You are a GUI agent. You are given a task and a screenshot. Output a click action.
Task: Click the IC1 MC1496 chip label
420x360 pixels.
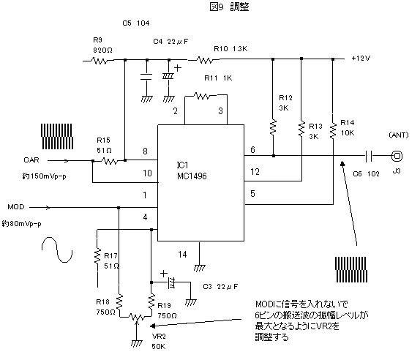[x=192, y=170]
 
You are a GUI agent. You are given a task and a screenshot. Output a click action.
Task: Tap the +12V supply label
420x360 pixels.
[x=361, y=58]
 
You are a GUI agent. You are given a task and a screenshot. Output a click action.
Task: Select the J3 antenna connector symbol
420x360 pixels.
[x=397, y=156]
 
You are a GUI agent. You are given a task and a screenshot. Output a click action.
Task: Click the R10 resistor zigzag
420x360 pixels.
[x=205, y=60]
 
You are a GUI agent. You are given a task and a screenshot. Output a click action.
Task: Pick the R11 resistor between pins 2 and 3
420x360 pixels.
[x=202, y=96]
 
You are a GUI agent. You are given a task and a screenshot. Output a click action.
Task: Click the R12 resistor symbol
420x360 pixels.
[x=273, y=127]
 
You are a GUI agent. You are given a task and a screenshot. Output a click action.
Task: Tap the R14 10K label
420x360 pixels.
[x=348, y=128]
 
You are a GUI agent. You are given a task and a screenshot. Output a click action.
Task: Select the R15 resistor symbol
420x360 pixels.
[x=110, y=161]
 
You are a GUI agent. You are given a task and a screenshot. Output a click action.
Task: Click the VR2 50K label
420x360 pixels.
[x=159, y=341]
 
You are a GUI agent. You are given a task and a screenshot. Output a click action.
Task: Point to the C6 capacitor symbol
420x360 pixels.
[x=369, y=156]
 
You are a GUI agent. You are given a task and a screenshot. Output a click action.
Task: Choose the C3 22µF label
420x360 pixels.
[x=220, y=287]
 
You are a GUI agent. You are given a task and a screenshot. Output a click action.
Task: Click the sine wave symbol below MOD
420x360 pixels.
[x=57, y=250]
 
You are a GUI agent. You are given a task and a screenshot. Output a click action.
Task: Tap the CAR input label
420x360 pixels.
[x=31, y=160]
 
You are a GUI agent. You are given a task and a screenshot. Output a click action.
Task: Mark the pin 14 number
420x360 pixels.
[x=182, y=255]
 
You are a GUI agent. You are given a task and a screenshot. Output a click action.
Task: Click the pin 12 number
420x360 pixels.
[x=255, y=172]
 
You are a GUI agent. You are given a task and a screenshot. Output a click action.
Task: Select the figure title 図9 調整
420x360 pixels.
[x=229, y=7]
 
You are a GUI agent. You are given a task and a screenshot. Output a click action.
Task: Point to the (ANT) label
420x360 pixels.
[x=399, y=135]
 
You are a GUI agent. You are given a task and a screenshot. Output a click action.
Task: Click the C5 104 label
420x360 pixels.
[x=136, y=23]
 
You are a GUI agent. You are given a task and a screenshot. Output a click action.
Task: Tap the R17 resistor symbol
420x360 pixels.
[x=97, y=257]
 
